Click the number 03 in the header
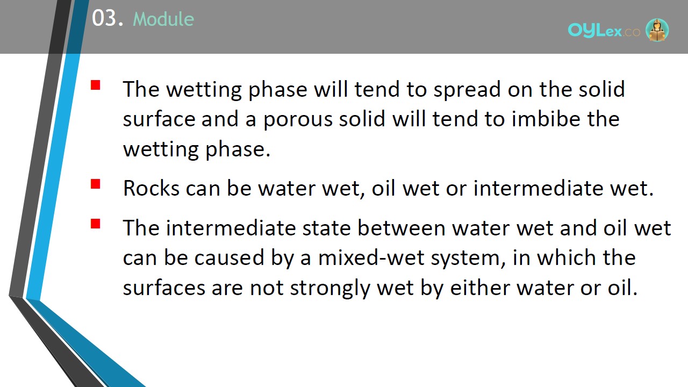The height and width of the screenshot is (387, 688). pyautogui.click(x=104, y=18)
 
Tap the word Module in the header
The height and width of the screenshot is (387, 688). pyautogui.click(x=163, y=19)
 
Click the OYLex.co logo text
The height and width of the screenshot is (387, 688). pyautogui.click(x=604, y=31)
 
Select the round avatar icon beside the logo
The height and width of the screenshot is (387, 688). pyautogui.click(x=657, y=30)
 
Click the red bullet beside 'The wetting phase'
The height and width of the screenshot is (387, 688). pyautogui.click(x=96, y=85)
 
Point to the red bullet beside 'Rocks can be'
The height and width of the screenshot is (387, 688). pyautogui.click(x=96, y=184)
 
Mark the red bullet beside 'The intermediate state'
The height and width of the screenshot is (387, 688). pyautogui.click(x=96, y=224)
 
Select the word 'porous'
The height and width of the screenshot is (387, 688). pyautogui.click(x=298, y=120)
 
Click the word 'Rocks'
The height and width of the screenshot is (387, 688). pyautogui.click(x=152, y=188)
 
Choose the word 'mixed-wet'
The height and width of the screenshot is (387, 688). pyautogui.click(x=371, y=257)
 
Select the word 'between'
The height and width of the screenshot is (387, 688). pyautogui.click(x=402, y=227)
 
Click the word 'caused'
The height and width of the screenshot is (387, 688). pyautogui.click(x=229, y=257)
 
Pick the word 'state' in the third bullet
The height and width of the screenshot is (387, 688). pyautogui.click(x=326, y=228)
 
